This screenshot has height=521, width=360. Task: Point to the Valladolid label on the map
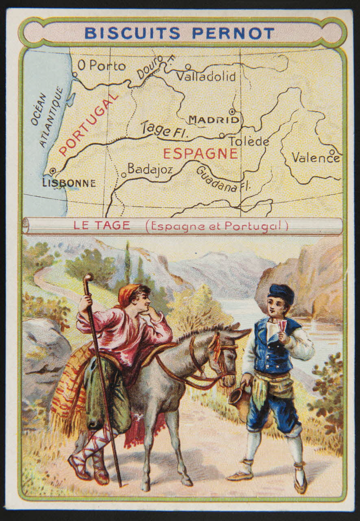point(206,76)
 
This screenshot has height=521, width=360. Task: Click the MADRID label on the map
point(214,120)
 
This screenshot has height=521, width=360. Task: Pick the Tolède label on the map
point(249,141)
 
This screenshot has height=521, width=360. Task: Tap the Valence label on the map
point(315,158)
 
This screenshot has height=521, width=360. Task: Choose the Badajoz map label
point(150,169)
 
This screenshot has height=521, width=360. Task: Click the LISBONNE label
point(69,183)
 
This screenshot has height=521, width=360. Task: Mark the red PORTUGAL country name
point(89,125)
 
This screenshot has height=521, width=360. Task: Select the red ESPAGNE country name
point(200,154)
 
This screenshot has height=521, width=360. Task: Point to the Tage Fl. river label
point(161,130)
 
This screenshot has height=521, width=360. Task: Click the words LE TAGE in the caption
point(102,226)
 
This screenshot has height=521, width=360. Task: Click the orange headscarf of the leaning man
point(128,294)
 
